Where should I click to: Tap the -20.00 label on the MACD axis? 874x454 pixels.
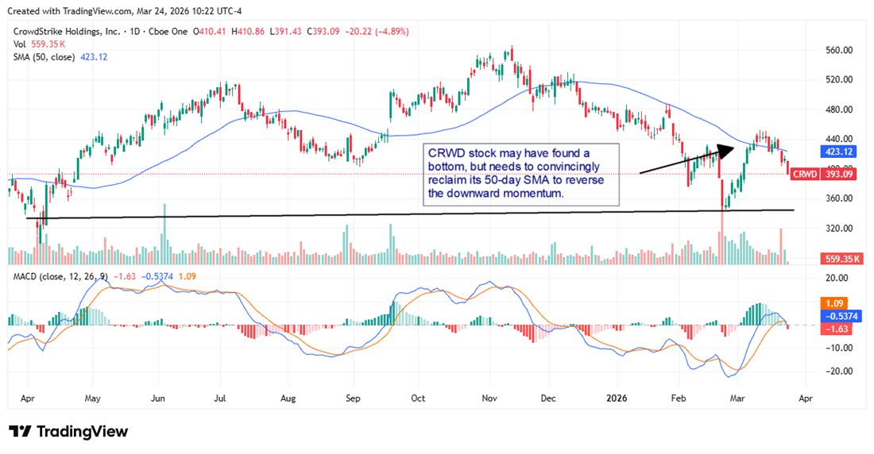[837, 371]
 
